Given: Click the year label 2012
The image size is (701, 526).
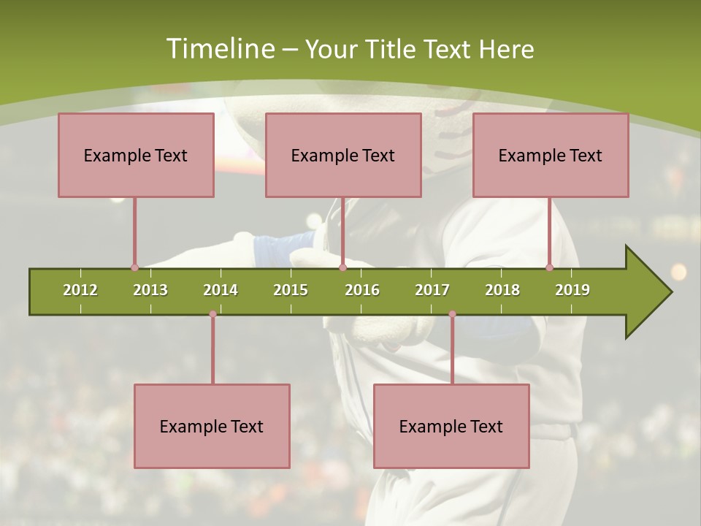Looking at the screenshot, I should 80,290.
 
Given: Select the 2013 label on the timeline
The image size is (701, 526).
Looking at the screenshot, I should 150,290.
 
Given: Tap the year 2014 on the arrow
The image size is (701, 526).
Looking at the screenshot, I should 221,290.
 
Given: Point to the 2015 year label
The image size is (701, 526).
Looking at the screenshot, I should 291,290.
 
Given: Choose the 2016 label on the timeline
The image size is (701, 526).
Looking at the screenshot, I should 362,290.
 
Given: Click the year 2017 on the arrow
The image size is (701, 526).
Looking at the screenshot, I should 432,290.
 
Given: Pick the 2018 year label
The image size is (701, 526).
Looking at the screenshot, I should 502,290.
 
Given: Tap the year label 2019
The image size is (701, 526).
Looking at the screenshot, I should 572,290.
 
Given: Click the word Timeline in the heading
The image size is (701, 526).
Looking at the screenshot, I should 219,49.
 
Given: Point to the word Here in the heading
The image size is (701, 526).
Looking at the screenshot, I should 506,49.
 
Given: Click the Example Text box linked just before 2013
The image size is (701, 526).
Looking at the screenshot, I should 136,156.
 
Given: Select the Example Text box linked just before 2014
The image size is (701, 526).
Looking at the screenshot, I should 212,426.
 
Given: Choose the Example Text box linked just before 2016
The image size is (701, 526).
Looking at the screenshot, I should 343,156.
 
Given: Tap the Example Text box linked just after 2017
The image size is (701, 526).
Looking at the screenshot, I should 451,426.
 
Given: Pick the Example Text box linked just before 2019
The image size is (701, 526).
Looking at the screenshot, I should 551,156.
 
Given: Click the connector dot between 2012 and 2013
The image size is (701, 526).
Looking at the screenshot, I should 134,267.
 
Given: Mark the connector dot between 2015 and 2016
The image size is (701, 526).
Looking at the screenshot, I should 342,267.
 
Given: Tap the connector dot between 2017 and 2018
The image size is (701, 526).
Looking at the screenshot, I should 452,314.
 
